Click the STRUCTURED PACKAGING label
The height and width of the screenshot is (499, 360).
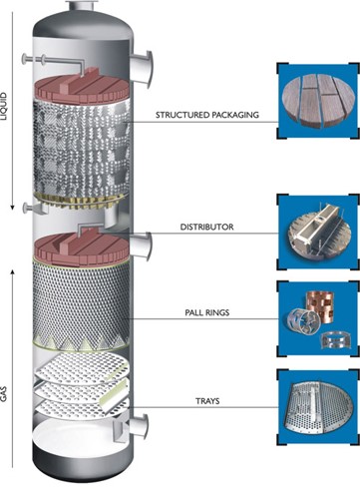pyautogui.click(x=207, y=115)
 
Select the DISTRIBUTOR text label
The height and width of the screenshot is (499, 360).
pyautogui.click(x=206, y=228)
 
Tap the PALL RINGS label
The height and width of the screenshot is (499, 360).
pyautogui.click(x=207, y=312)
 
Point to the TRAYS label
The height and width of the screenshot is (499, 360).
pyautogui.click(x=207, y=401)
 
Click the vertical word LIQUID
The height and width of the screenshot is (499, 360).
pyautogui.click(x=4, y=106)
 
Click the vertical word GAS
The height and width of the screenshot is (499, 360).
pyautogui.click(x=4, y=393)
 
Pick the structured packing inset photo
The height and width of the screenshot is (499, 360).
pyautogui.click(x=318, y=101)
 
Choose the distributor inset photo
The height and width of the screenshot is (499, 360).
pyautogui.click(x=318, y=232)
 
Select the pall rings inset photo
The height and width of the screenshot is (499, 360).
pyautogui.click(x=318, y=319)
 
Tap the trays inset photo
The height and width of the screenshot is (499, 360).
pyautogui.click(x=318, y=407)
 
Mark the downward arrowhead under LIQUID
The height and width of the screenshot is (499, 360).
pyautogui.click(x=12, y=208)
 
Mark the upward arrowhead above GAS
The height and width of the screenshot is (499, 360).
pyautogui.click(x=13, y=272)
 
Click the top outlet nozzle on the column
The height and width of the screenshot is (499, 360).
pyautogui.click(x=83, y=6)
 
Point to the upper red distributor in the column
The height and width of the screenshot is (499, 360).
pyautogui.click(x=82, y=87)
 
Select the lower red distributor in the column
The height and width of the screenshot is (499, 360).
pyautogui.click(x=82, y=249)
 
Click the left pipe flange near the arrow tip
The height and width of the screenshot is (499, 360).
pyautogui.click(x=25, y=209)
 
